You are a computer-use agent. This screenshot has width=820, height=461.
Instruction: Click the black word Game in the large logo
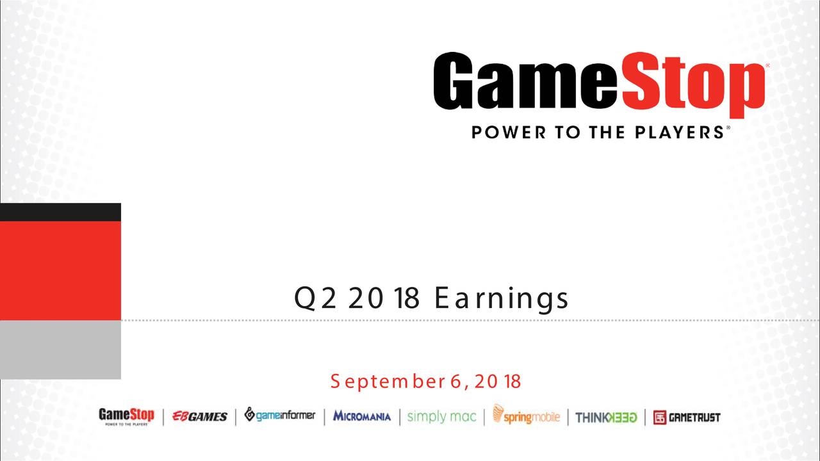(x=525, y=81)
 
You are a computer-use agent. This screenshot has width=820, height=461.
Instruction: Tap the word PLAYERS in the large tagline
(x=678, y=133)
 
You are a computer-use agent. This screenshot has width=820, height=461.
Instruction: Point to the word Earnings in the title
(x=502, y=300)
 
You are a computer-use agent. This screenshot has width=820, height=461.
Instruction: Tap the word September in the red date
(x=388, y=382)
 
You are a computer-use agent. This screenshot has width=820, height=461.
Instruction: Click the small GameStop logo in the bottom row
(x=127, y=417)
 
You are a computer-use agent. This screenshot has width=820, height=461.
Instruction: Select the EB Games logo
(x=199, y=416)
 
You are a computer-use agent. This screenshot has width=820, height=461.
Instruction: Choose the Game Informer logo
(x=280, y=415)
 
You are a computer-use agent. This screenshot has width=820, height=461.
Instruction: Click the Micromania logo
(x=362, y=416)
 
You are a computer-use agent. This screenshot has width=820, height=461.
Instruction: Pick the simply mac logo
(x=442, y=417)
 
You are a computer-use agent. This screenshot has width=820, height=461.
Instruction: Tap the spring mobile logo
(x=526, y=415)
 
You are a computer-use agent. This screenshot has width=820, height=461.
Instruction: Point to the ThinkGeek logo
(x=606, y=417)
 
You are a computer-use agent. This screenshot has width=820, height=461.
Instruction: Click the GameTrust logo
(x=687, y=417)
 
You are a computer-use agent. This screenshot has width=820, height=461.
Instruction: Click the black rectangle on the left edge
(x=60, y=212)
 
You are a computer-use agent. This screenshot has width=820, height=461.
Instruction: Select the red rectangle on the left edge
(x=60, y=271)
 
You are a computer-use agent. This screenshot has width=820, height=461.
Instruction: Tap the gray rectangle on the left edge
(x=60, y=350)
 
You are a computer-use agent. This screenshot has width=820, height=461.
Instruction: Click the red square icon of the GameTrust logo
(x=660, y=417)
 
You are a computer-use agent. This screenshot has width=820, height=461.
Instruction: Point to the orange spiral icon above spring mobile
(x=498, y=413)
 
